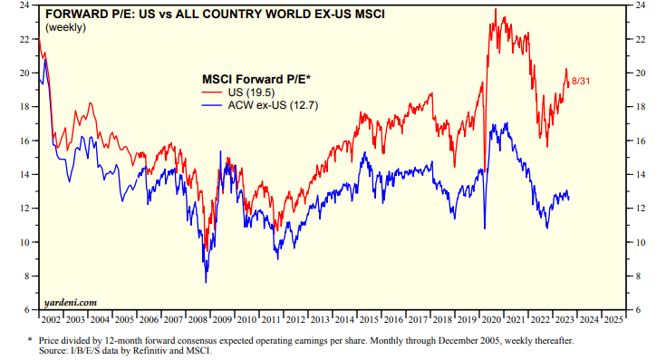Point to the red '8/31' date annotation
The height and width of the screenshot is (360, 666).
(x=582, y=82)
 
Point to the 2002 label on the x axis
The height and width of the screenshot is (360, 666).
(x=52, y=319)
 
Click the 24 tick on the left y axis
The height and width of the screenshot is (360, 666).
(x=29, y=5)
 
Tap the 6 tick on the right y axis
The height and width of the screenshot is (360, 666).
(x=640, y=310)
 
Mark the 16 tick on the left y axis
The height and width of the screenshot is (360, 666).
(x=29, y=141)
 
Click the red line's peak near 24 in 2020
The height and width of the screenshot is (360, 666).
(x=496, y=9)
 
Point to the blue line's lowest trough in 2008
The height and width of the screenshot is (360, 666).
(x=205, y=283)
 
